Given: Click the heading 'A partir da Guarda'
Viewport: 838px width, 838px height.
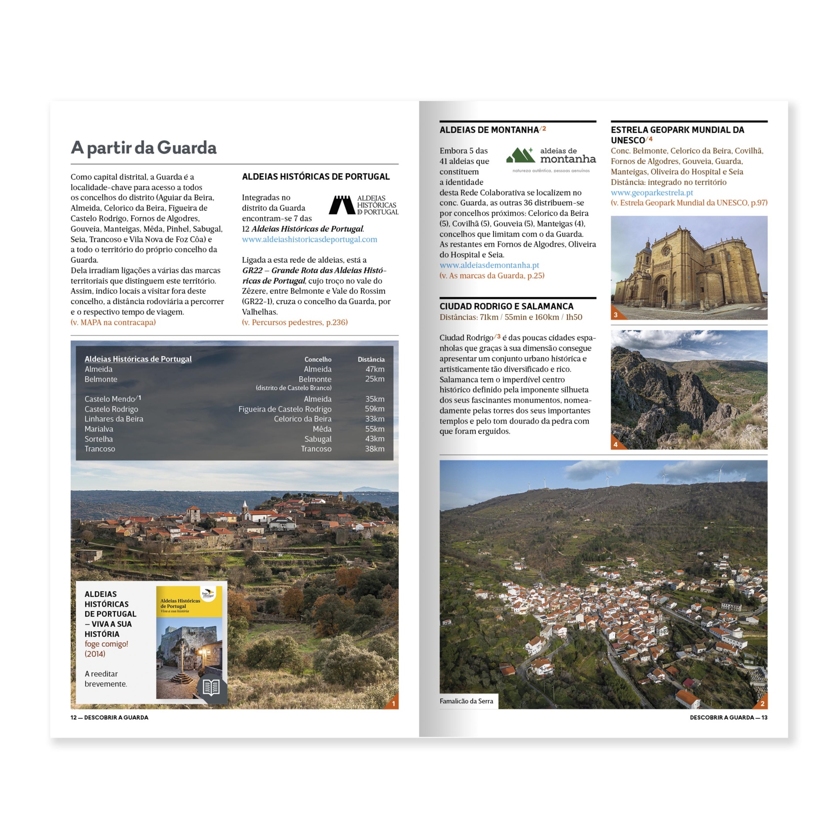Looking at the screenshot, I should (144, 148).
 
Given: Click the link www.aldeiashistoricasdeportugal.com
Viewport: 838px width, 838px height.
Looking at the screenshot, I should (309, 239).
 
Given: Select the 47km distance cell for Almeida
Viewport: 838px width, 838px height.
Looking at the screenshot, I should (374, 369).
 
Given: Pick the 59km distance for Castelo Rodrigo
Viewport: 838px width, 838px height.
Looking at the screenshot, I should (374, 409).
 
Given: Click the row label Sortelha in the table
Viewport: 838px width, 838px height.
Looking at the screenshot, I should (99, 439).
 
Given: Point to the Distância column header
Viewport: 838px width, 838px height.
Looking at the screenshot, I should (371, 359).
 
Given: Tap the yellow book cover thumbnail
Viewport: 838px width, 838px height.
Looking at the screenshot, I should (189, 642).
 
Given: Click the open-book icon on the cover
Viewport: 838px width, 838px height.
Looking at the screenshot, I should (211, 687).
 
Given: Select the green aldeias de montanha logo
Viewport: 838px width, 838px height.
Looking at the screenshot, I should (550, 160).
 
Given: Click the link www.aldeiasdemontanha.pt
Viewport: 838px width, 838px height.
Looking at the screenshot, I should (489, 265).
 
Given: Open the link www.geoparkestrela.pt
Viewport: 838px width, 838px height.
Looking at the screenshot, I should (652, 192).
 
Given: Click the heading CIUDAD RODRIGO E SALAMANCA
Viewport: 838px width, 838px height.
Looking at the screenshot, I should (506, 306).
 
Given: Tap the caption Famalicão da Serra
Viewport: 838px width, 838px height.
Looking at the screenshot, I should (466, 701).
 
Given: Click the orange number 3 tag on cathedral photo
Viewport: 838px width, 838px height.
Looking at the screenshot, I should (616, 315).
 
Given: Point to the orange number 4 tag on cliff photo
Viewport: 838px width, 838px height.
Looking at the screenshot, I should (616, 444).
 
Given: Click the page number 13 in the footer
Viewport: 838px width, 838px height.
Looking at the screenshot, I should (764, 717).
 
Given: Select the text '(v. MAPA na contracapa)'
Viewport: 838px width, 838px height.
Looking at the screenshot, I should (113, 322).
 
